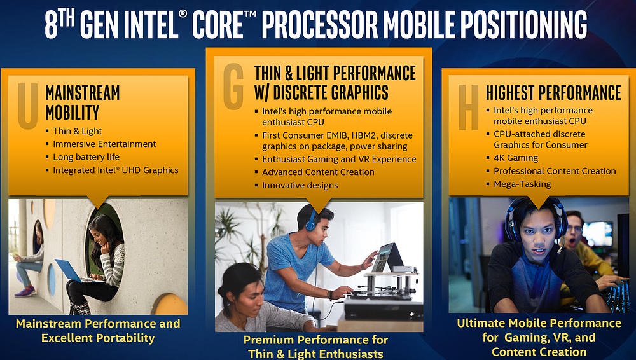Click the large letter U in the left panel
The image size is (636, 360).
coord(28,106)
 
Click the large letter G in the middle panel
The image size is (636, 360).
coord(233,87)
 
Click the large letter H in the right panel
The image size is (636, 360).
coord(469,107)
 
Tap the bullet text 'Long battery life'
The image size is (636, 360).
coord(86,157)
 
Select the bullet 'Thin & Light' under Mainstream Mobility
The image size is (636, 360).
coord(77,131)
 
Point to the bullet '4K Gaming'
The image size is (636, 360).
coord(516,158)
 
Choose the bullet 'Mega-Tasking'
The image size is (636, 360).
coord(522,184)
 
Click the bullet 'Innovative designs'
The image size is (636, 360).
coord(300,186)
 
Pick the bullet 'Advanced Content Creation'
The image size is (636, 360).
coord(318,172)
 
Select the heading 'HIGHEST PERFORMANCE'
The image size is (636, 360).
coord(553,92)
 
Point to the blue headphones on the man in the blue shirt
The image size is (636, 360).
coord(310,220)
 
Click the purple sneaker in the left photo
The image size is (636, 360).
coord(25,291)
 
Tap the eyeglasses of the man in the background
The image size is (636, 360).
coord(574,228)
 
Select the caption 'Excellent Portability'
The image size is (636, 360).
coord(98,338)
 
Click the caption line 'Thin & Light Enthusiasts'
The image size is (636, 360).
coord(316,354)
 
